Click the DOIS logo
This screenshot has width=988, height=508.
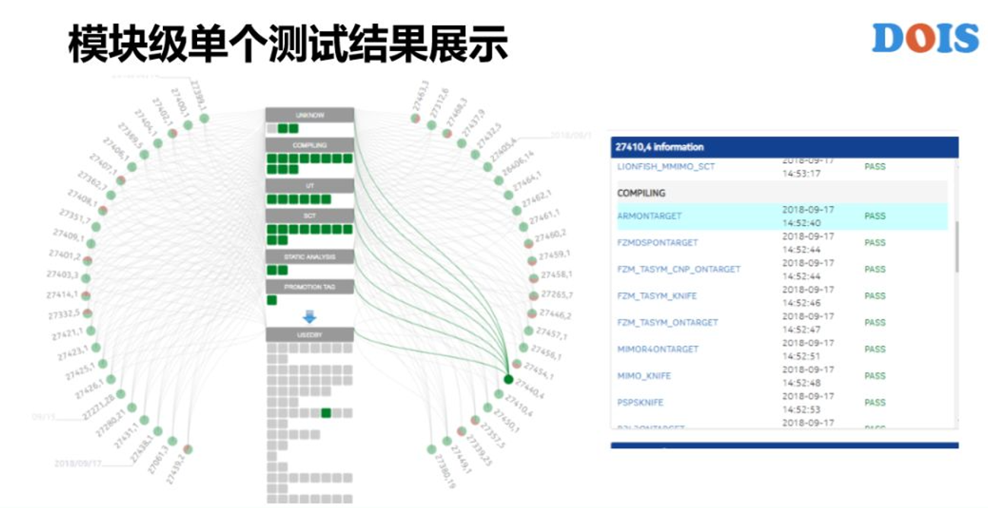pos(925,38)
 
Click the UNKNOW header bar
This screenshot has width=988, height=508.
pos(310,115)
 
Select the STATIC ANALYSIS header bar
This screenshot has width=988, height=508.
pos(310,256)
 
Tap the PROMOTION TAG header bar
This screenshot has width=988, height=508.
pos(310,287)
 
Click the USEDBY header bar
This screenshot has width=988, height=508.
pos(310,335)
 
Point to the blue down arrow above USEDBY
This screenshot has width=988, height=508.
pos(309,316)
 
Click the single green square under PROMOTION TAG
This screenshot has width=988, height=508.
pos(272,300)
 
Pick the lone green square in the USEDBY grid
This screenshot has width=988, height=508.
pos(326,413)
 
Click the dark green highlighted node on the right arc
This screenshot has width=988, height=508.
pos(508,379)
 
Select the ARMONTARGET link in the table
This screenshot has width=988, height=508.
pos(649,216)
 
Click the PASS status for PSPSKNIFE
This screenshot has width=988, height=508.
pos(875,402)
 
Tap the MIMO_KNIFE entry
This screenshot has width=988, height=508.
pos(644,376)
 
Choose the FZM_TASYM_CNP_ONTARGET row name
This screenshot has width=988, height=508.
pos(678,269)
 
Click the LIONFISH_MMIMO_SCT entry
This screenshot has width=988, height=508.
pos(666,167)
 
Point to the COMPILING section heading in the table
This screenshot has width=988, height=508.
pos(641,193)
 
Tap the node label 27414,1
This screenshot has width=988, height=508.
pos(62,294)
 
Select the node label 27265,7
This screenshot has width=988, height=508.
pos(556,295)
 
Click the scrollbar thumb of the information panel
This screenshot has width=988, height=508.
pos(956,247)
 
